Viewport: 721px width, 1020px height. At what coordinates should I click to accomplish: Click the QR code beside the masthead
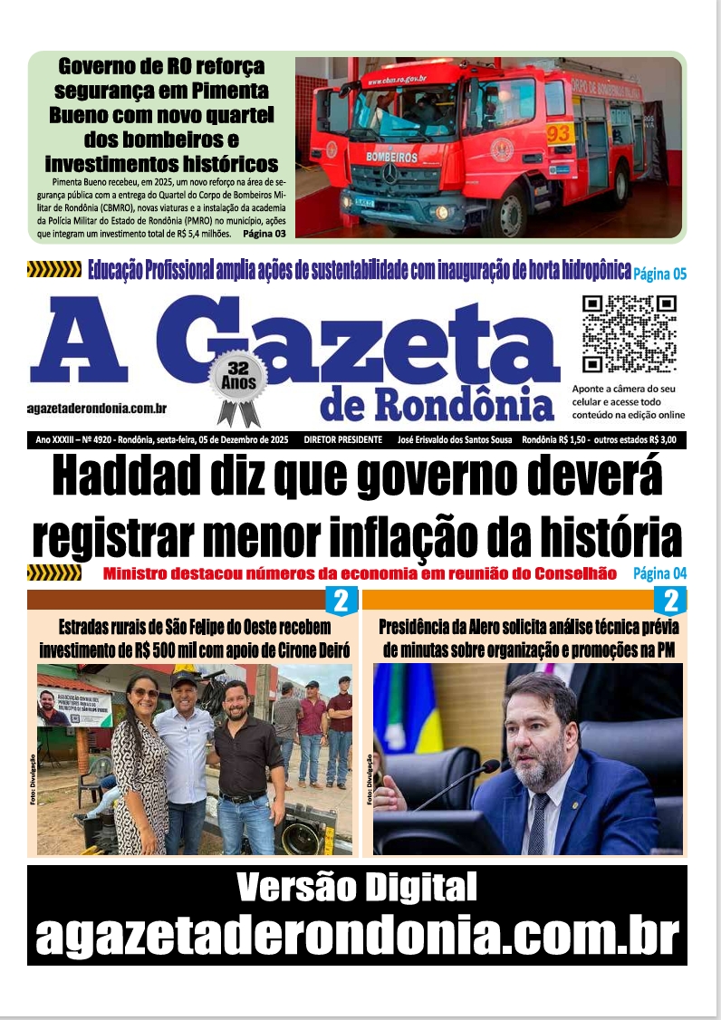[x=629, y=334]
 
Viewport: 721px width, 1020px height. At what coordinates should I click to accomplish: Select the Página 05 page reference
[x=660, y=273]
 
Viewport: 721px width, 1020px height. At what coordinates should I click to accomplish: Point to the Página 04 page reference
[x=659, y=573]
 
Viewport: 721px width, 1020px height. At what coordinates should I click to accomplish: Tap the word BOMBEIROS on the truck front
[x=391, y=157]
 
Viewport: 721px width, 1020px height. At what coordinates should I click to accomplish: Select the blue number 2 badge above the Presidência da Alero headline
[x=671, y=600]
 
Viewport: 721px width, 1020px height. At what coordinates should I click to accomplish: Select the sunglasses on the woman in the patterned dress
[x=145, y=693]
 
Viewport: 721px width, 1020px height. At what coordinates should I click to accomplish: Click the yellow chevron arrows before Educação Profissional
[x=54, y=269]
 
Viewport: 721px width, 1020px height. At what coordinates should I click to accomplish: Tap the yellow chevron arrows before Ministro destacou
[x=54, y=573]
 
